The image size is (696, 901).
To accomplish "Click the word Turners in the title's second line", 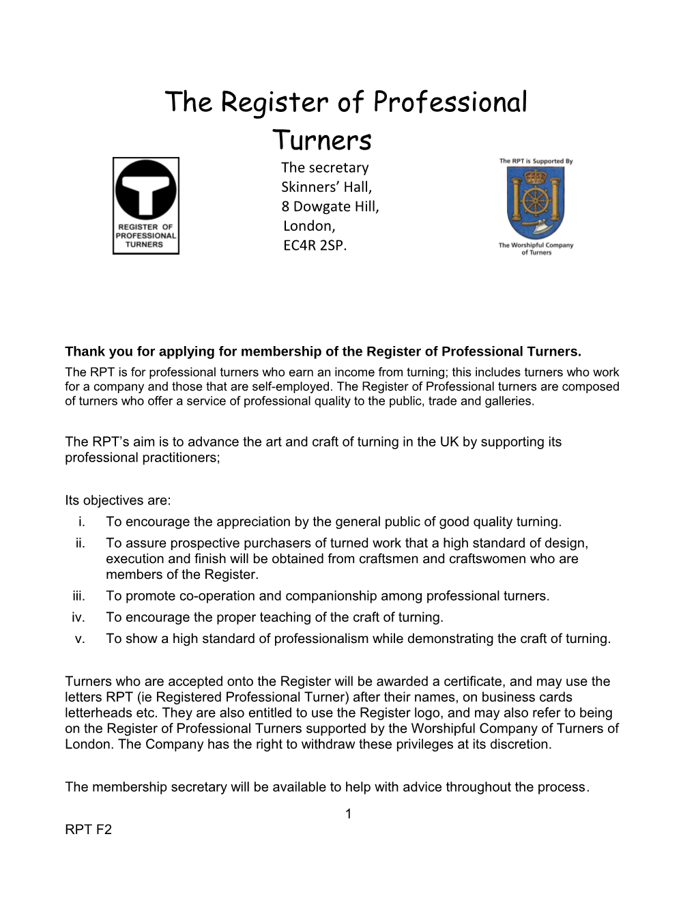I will point(322,141).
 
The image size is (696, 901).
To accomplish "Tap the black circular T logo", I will point(146,190).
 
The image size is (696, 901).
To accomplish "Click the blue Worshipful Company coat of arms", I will point(536,203).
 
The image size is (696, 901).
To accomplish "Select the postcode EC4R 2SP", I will point(315,245).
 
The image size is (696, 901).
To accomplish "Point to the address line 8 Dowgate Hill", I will point(330,206).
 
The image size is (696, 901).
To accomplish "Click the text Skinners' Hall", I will point(326,187).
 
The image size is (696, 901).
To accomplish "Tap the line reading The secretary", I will point(325,167).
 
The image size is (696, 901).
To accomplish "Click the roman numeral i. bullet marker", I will point(82,522).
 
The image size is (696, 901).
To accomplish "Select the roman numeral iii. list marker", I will point(79,596).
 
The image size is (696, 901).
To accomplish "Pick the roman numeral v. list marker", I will point(81,639).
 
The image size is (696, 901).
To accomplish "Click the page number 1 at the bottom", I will point(349,814).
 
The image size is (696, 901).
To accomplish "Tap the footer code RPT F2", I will point(89,830).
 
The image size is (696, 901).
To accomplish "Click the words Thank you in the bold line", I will point(96,352).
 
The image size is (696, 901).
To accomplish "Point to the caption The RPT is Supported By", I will point(536,162).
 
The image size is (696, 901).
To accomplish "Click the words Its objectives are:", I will point(118,500).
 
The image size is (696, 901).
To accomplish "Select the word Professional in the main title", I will point(450,102).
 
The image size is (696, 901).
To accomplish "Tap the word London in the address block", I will point(309,226).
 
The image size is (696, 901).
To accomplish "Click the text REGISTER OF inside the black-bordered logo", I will point(145,227).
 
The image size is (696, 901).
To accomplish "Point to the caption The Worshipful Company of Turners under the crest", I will point(536,248).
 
